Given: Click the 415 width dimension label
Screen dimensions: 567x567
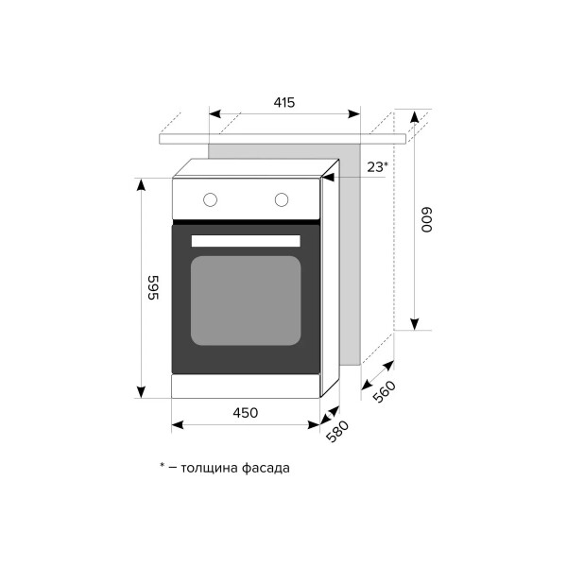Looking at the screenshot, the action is pos(284,103).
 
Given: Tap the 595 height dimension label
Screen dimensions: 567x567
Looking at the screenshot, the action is pos(153,287).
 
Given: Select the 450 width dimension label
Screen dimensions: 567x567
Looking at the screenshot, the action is pos(246,413).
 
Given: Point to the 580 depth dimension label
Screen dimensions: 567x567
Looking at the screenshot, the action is pos(337,431).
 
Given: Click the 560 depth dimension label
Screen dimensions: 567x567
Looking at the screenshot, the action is pos(384,391).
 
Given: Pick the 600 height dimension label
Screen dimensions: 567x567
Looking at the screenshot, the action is pos(427,219).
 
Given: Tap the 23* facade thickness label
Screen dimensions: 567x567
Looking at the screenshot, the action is pos(377,167).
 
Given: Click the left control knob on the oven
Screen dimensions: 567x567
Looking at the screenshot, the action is pos(210,199).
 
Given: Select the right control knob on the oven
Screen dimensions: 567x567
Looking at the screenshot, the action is pos(282,199).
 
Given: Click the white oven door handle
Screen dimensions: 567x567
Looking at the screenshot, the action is pos(246,241).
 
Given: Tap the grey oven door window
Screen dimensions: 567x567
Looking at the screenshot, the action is pos(246,301).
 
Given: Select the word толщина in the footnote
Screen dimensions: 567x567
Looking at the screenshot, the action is pos(210,468).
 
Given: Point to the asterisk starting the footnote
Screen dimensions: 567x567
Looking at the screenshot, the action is pos(162,465).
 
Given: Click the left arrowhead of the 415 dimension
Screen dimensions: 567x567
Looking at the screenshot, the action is pos(215,114).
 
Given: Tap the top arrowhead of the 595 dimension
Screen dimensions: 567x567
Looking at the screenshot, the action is pos(141,184).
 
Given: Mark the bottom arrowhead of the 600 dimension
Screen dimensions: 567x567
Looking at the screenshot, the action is pos(415,324).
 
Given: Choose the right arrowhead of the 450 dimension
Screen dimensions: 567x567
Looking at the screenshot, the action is pos(314,425).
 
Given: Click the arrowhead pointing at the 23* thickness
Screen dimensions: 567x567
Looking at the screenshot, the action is pos(328,178).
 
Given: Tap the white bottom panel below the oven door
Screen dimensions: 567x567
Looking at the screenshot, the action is pos(246,387).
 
